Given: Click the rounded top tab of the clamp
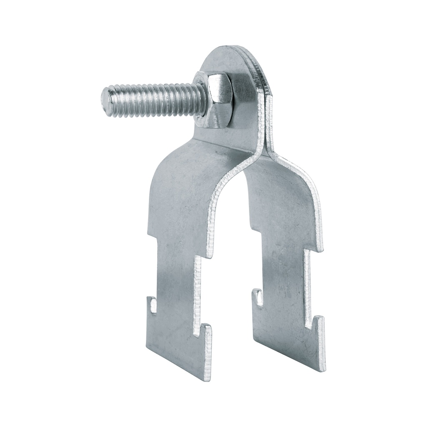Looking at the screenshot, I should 234,63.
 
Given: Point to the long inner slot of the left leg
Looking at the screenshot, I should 198,292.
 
